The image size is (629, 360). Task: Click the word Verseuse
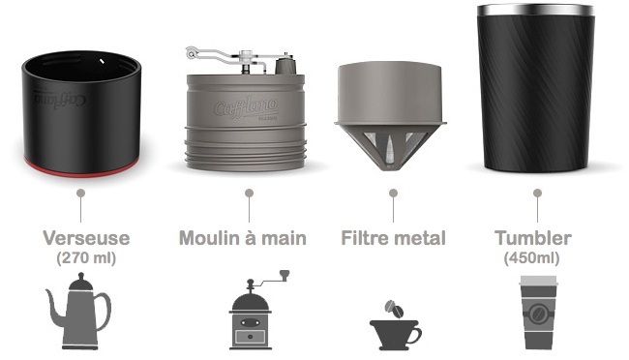point(86,238)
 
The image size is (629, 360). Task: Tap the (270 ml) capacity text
point(86,257)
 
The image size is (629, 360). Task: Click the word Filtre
point(362,238)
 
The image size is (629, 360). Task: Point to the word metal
point(416,238)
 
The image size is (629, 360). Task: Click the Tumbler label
point(533,238)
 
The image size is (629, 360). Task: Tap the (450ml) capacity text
point(531,257)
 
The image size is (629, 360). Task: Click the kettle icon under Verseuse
point(78,312)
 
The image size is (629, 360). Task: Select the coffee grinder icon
point(256,310)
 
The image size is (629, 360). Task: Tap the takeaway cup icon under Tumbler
point(538,313)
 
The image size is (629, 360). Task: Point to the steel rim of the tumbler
point(536,10)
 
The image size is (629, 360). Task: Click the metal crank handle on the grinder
point(225,56)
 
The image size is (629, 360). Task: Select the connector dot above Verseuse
point(80,194)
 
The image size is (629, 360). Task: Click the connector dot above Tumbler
point(537,194)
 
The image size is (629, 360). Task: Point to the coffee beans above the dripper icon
point(394,309)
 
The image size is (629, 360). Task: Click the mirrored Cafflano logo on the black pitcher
point(60,99)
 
